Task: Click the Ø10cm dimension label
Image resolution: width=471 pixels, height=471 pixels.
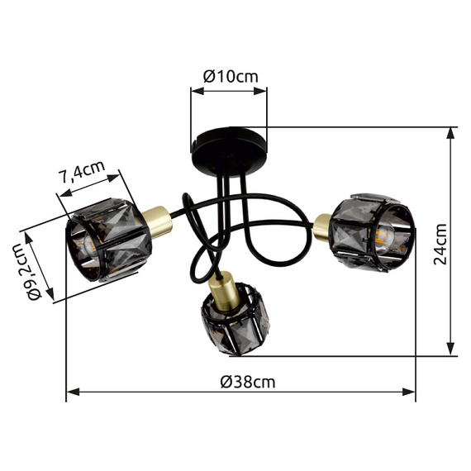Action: coord(231,76)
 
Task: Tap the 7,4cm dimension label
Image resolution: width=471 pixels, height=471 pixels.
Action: coord(83,172)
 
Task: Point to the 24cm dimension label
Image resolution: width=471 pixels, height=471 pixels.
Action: coord(440,245)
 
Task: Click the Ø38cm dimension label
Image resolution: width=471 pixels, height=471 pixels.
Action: coord(248,383)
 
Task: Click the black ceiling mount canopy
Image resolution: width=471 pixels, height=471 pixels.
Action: coord(229,151)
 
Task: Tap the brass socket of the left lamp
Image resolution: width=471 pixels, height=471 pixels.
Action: coord(157,221)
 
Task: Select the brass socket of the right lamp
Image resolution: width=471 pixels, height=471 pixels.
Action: coord(322,226)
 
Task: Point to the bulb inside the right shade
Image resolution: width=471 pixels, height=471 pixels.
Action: coord(383,238)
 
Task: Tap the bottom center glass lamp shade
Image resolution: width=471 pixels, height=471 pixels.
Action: coord(235,319)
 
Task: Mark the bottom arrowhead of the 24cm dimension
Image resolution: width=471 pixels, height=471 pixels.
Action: coord(450,350)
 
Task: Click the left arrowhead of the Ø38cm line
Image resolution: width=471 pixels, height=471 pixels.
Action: coord(73,392)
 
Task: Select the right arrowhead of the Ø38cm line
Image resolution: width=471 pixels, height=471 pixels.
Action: coord(409,392)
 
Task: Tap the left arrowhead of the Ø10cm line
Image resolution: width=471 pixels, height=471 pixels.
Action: coord(197,91)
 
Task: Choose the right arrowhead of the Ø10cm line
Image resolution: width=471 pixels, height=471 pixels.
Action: coord(260,91)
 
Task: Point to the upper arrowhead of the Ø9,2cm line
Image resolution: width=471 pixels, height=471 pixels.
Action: coord(29,238)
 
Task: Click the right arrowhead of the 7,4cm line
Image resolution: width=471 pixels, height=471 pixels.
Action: coord(114,178)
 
